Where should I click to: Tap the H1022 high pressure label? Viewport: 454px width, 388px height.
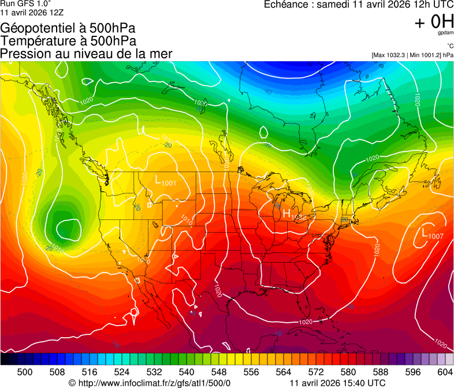[293, 215]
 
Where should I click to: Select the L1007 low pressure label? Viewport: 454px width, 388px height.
[432, 233]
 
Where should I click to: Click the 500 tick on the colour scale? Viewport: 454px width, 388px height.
[25, 371]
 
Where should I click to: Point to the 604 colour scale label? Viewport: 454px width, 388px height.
[445, 371]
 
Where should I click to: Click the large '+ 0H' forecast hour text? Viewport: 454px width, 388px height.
[434, 22]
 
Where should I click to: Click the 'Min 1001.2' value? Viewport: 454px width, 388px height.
[426, 55]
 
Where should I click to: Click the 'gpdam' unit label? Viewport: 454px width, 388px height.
[446, 33]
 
